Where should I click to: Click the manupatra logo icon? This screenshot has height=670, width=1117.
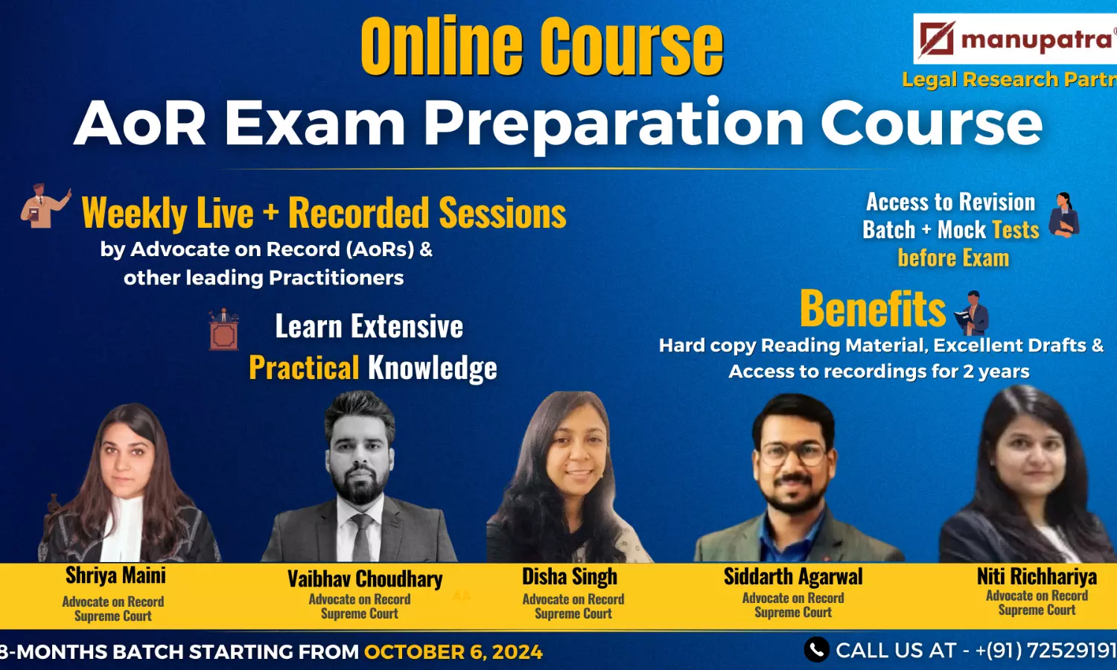(x=937, y=39)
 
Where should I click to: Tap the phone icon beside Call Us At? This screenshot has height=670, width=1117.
(x=816, y=650)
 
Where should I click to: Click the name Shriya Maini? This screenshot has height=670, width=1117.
(x=115, y=575)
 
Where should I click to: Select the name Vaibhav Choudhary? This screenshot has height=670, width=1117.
(x=365, y=578)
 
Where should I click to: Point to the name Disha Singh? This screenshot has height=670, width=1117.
(x=570, y=577)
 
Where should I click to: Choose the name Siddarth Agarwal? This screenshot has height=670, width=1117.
(x=793, y=577)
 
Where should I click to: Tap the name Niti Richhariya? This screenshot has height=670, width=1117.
(x=1037, y=577)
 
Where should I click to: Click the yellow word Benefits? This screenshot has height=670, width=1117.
(x=873, y=309)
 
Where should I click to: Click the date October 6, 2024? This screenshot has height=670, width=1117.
(x=454, y=651)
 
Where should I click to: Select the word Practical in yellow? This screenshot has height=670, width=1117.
(x=304, y=367)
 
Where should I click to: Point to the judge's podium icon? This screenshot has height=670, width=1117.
(x=223, y=329)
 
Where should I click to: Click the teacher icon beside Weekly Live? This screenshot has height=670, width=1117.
(x=45, y=205)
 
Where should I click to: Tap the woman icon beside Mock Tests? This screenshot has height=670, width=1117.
(x=1063, y=215)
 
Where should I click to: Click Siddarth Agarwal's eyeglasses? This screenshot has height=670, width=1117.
(x=792, y=454)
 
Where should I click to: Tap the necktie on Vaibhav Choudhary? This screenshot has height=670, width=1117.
(x=361, y=537)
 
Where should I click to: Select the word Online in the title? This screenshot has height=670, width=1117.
(x=441, y=46)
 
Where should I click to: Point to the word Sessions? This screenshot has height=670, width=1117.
(x=503, y=213)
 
